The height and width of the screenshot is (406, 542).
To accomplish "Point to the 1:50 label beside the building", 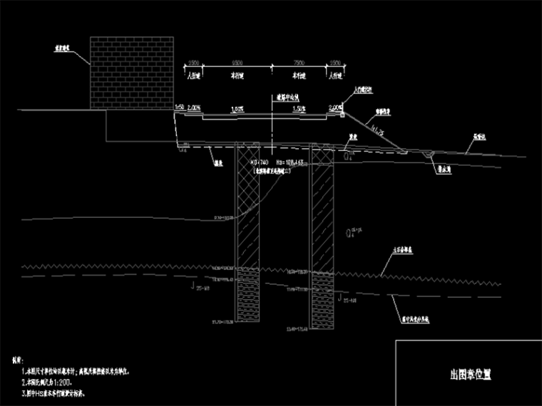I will (x=180, y=107).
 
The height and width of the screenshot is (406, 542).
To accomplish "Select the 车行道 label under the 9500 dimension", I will (x=230, y=73).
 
